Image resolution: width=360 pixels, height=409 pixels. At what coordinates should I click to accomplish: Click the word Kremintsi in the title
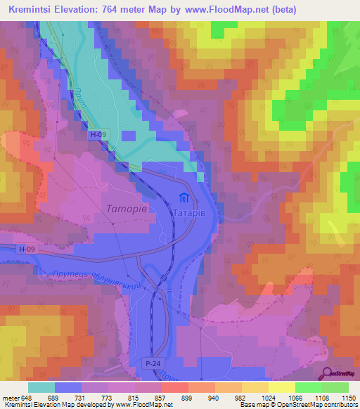tap(33, 9)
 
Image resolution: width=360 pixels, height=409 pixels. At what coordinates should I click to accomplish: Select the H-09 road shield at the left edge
tap(26, 248)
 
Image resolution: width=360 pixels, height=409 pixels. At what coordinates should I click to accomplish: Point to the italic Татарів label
tap(127, 209)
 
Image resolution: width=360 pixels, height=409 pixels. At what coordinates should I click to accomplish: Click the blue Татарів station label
tap(188, 211)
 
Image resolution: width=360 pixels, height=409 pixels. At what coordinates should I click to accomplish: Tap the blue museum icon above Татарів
tap(184, 197)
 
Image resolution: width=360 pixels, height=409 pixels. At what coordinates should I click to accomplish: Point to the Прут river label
tap(82, 95)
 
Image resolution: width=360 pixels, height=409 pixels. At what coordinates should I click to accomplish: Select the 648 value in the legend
tap(27, 398)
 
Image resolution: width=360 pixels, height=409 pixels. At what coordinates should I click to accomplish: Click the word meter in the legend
tap(11, 398)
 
